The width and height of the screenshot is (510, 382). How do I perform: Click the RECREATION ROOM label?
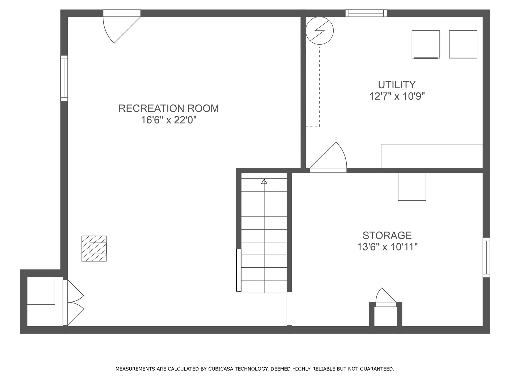click(168, 108)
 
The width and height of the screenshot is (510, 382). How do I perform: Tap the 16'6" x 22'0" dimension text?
click(169, 120)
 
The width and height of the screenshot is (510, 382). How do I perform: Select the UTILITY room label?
click(397, 85)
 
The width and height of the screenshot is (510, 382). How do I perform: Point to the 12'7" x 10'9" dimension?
click(397, 96)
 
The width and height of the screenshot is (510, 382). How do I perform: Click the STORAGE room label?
click(387, 236)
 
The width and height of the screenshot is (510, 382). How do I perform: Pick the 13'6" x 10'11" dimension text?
click(387, 247)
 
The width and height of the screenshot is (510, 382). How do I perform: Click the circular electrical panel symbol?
click(320, 31)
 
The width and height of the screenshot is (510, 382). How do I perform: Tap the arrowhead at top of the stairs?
click(264, 181)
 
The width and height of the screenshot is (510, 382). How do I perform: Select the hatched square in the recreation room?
click(94, 249)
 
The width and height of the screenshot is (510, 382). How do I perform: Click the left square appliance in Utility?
click(426, 44)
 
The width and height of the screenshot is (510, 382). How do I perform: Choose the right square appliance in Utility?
click(463, 44)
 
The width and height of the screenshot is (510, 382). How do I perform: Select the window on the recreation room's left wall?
click(64, 78)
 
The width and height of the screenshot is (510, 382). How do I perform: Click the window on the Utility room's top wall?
click(366, 13)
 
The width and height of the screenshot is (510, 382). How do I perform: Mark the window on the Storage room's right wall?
click(486, 257)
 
